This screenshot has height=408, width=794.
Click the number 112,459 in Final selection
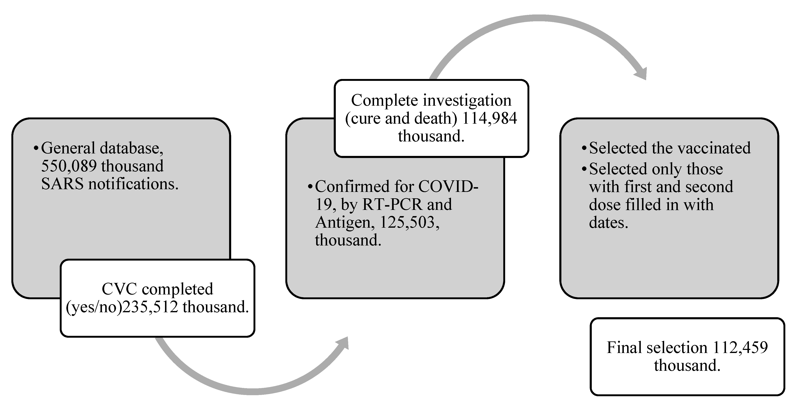click(x=740, y=348)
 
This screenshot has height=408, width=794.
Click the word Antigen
click(x=343, y=222)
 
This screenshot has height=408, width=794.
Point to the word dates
click(x=608, y=223)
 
